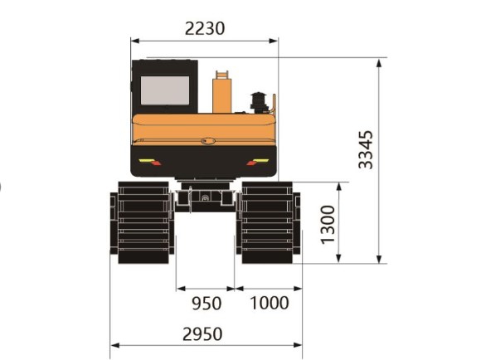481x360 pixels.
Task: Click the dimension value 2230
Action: pos(205,27)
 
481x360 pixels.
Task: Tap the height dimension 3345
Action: pos(366,149)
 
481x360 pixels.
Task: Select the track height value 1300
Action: pos(328,223)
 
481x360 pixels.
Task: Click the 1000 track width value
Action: pos(269,303)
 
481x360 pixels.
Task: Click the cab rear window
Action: pos(164,90)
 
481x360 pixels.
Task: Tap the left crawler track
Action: pos(142,223)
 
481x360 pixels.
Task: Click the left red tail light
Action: pos(148,161)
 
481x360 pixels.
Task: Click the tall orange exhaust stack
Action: pos(221,93)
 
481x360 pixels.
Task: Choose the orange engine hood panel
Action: pos(204,129)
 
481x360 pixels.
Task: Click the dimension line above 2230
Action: pos(204,40)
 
